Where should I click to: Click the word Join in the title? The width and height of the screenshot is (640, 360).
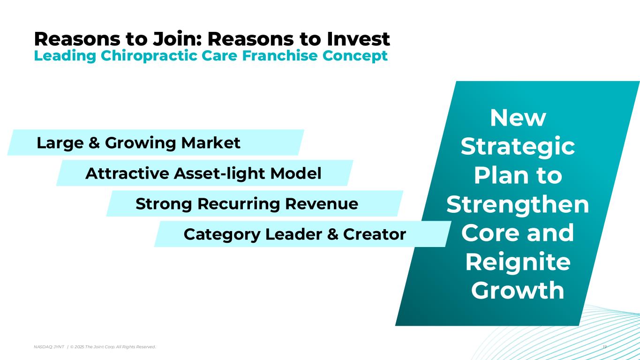(x=177, y=39)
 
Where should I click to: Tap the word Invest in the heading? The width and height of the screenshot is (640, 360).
(x=358, y=39)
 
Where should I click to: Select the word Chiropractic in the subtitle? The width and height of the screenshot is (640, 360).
(x=149, y=56)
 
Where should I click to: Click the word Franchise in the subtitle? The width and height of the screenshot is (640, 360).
(x=280, y=55)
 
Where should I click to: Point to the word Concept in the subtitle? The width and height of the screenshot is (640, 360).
(x=355, y=56)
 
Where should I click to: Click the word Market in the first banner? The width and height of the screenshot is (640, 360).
(x=211, y=142)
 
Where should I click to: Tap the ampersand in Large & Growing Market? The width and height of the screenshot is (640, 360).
(x=94, y=142)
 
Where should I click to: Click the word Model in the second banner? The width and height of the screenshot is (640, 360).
(x=296, y=173)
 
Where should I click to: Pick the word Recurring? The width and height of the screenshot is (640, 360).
(x=239, y=204)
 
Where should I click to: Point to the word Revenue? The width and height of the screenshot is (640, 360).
(x=322, y=204)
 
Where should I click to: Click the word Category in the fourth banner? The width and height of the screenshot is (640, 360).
(x=222, y=234)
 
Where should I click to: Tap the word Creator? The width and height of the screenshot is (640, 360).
(x=375, y=234)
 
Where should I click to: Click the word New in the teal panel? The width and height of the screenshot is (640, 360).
(x=518, y=118)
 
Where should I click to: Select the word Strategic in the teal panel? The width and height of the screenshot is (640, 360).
(x=518, y=147)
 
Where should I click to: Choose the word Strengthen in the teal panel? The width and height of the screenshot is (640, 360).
(x=518, y=205)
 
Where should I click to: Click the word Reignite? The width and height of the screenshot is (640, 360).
(x=518, y=262)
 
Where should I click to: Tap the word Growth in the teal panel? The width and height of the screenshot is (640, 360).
(x=518, y=290)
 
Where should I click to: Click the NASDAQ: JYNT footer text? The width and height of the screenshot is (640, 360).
(x=49, y=347)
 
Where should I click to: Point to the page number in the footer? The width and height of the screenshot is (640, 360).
(x=604, y=347)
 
